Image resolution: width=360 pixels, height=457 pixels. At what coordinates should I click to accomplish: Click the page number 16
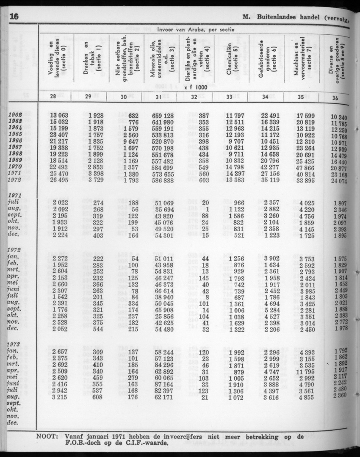[14, 17]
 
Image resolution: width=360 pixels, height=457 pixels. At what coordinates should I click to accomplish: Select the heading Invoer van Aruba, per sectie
[196, 30]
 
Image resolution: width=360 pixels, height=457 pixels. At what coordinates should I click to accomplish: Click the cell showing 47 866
[305, 168]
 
